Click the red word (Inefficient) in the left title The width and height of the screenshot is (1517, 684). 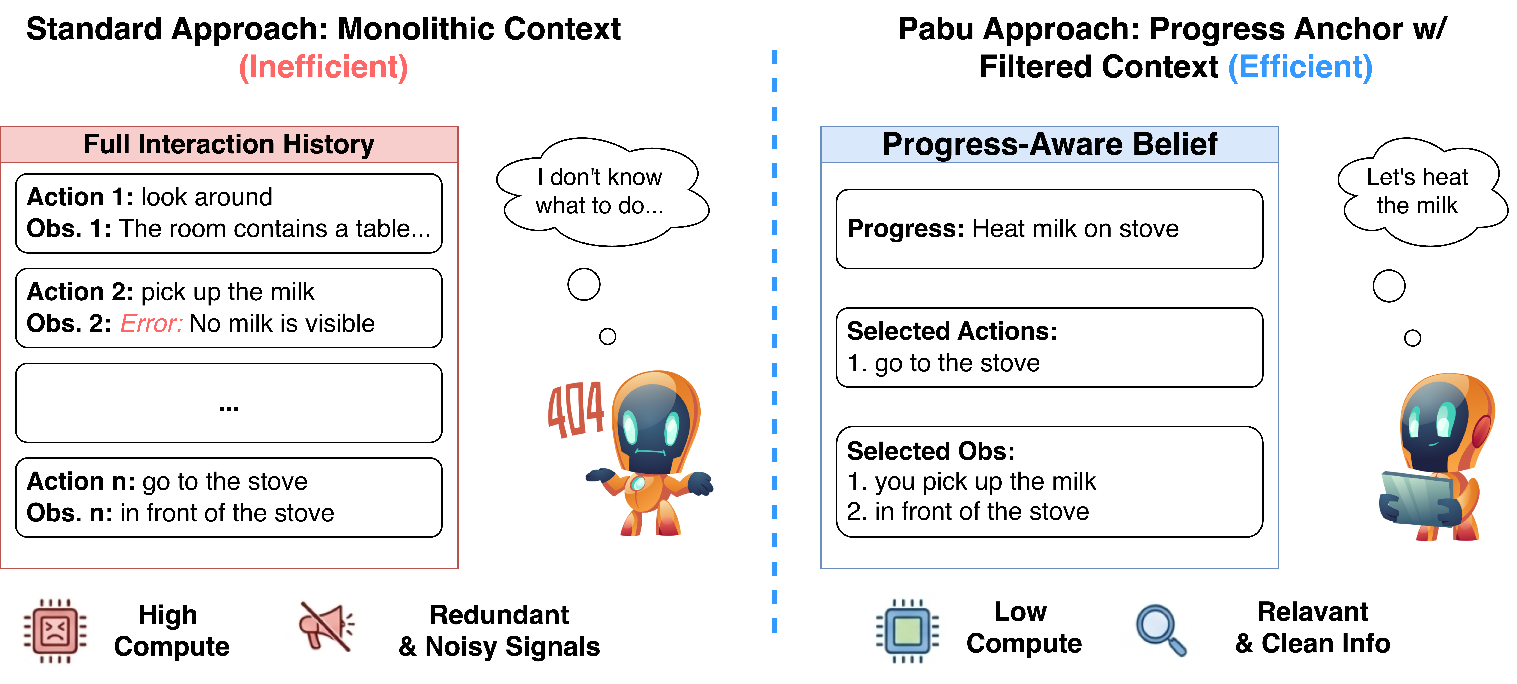[x=323, y=67]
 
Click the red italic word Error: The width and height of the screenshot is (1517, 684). [x=151, y=324]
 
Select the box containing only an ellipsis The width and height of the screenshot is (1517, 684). [x=228, y=403]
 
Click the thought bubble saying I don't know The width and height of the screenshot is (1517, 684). [x=601, y=191]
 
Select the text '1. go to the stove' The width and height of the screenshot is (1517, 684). [x=943, y=363]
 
